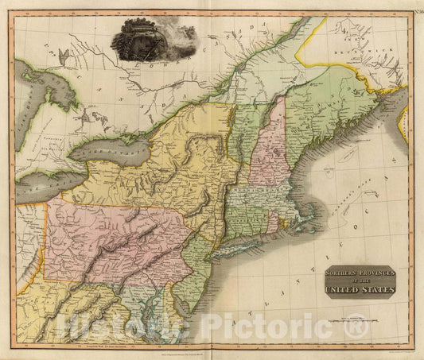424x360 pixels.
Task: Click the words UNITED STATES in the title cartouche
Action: [359, 288]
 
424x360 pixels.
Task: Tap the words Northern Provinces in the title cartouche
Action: [359, 273]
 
